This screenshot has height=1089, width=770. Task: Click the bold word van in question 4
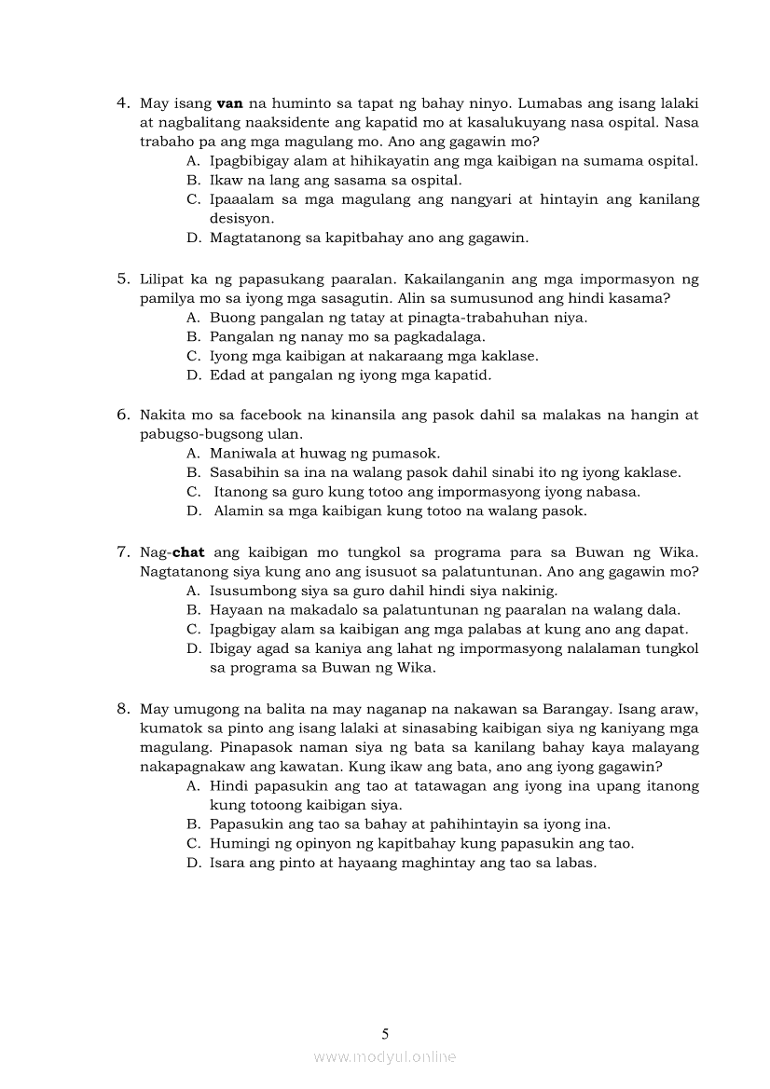229,103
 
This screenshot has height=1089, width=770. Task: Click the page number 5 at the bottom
385,1033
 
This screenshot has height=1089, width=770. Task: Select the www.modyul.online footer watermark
385,1056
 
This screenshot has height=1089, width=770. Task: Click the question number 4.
122,103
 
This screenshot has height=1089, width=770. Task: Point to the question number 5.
122,279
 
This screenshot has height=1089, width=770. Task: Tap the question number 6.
122,415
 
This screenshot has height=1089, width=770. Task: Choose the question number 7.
122,551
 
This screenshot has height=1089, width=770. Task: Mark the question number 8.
122,708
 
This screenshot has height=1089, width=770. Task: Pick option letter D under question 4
193,238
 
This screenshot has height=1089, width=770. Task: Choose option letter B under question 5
193,337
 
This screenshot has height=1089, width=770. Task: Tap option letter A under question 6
193,454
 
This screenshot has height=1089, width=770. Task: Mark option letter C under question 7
193,630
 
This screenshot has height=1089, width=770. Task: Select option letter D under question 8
193,864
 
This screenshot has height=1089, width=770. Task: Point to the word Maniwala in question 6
241,454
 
